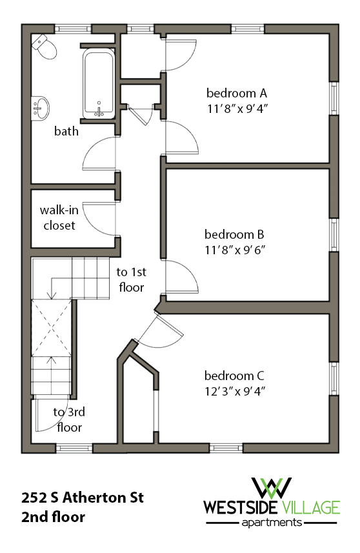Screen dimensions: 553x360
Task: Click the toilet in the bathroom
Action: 43,46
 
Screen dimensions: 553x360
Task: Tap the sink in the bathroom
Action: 41,106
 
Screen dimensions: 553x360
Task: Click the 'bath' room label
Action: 66,131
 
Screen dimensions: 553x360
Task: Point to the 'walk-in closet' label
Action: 58,217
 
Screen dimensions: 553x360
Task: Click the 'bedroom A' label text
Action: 236,92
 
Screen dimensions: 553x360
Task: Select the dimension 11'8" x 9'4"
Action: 236,108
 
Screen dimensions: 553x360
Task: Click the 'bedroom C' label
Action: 235,376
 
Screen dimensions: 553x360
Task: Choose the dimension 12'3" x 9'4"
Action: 235,391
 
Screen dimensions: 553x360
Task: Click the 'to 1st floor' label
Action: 130,279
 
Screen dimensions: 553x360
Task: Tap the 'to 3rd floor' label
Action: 69,419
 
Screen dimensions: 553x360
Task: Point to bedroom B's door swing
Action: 183,277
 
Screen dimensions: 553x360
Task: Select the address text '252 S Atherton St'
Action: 82,498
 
